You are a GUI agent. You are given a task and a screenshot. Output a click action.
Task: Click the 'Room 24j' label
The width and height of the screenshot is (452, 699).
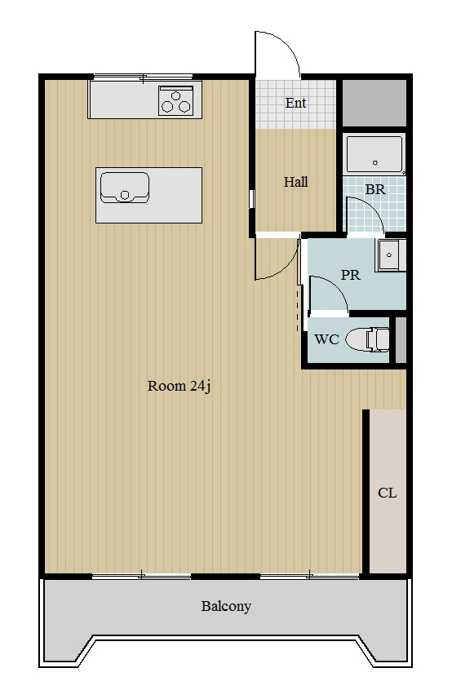click(x=179, y=386)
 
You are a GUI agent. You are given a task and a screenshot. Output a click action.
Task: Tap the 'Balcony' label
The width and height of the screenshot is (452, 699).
click(x=226, y=606)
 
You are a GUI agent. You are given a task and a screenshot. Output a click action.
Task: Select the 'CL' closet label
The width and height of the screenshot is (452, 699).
click(x=387, y=493)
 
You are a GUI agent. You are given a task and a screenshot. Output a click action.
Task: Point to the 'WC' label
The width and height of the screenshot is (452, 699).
click(x=326, y=339)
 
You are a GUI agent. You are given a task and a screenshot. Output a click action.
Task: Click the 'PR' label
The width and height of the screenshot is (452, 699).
click(x=350, y=275)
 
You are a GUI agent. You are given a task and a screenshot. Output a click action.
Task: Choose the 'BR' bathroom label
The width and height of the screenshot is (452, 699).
click(x=375, y=189)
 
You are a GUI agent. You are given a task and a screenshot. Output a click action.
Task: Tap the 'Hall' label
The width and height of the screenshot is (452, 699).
click(x=296, y=182)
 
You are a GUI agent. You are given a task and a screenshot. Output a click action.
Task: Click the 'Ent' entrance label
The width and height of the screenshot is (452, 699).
click(x=296, y=103)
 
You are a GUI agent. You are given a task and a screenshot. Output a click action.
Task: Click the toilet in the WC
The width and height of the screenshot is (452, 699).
click(x=367, y=339)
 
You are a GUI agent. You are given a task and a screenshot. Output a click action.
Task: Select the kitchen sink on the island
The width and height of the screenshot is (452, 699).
click(x=125, y=188)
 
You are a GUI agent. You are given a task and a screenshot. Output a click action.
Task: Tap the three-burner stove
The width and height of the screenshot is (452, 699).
click(x=175, y=100)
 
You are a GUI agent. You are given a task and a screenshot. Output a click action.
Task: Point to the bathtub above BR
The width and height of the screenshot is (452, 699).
click(x=374, y=154)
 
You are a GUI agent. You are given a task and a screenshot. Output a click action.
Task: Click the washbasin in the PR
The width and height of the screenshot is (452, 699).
click(x=391, y=255)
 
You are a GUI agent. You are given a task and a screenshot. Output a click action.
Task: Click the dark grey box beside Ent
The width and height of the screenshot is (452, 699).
click(x=374, y=103)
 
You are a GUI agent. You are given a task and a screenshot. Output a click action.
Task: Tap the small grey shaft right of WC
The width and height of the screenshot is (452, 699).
click(x=401, y=339)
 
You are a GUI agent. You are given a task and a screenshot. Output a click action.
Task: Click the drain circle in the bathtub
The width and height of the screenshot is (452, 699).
click(x=375, y=163)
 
